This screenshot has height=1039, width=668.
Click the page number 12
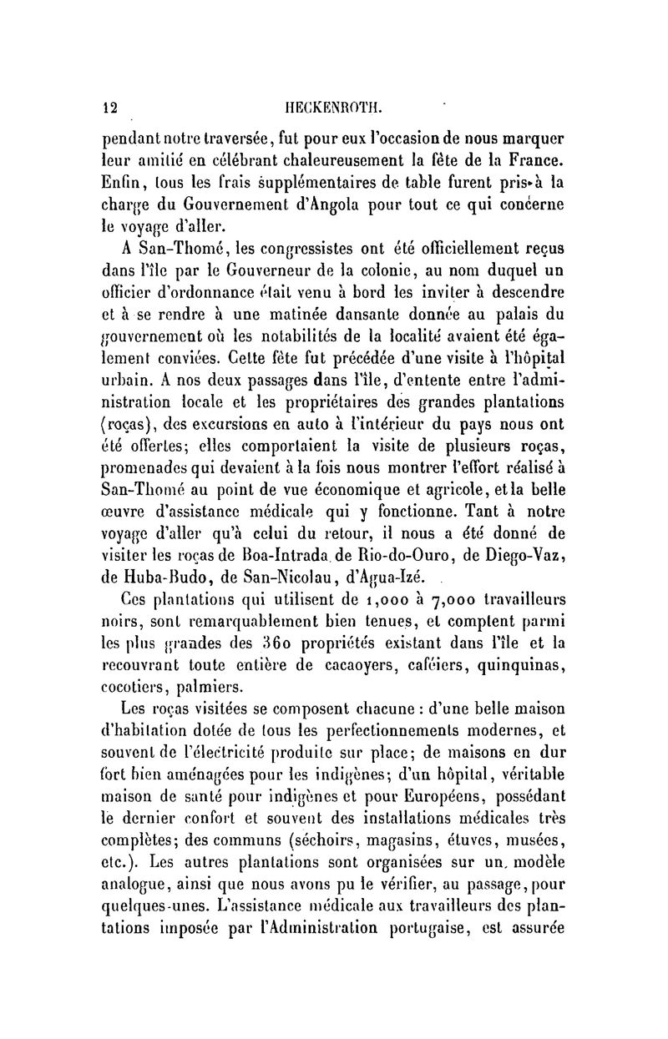pyautogui.click(x=109, y=107)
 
